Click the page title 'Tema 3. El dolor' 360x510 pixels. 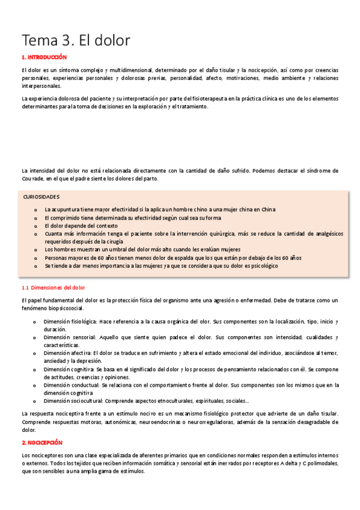[76, 40]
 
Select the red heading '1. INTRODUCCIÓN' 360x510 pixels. [44, 57]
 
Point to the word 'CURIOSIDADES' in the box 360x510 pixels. [41, 197]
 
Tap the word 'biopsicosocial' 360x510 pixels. [63, 308]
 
